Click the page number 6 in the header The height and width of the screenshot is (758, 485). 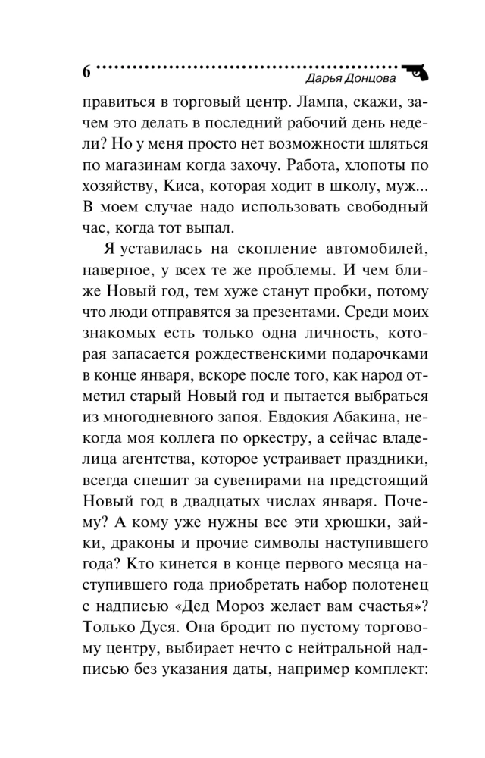pyautogui.click(x=86, y=73)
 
